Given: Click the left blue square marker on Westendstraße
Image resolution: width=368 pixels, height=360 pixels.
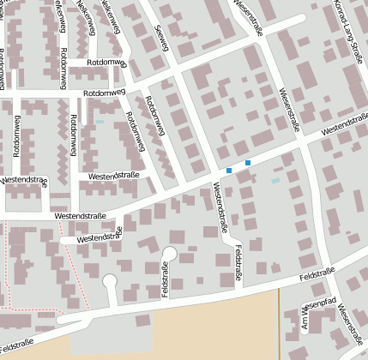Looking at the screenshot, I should pos(229,171).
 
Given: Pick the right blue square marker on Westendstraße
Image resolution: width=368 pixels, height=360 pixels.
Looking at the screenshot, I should pos(248,163).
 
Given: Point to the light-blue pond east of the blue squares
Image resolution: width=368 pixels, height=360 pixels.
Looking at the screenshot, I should pos(275,181).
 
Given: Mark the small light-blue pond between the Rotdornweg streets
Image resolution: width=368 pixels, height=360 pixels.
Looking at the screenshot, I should pos(100,122).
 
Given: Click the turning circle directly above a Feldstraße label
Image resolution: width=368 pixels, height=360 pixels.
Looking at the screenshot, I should pos(169,253).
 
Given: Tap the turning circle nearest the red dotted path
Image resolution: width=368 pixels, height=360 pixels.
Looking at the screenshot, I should pos(110,280).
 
